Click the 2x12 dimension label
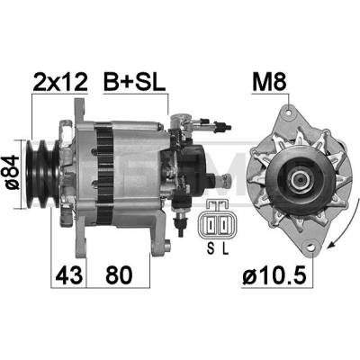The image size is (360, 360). (60, 81)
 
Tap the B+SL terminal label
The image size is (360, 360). (134, 81)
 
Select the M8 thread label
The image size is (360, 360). (269, 81)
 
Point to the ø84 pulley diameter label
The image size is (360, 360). (13, 173)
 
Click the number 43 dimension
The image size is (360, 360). (68, 274)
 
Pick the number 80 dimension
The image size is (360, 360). (119, 274)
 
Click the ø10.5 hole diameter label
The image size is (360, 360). (274, 274)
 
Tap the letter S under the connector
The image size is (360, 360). (211, 248)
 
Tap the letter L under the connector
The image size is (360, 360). (225, 248)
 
